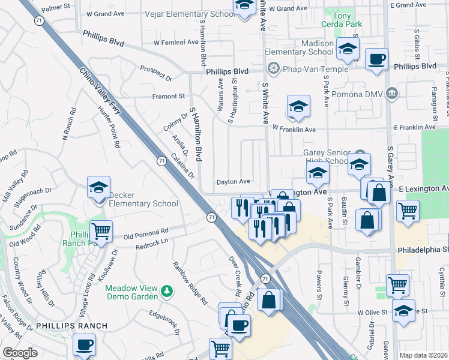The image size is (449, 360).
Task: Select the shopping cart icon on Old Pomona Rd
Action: (101, 230)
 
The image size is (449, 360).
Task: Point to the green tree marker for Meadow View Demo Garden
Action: (167, 292)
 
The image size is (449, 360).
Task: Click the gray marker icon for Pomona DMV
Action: (392, 93)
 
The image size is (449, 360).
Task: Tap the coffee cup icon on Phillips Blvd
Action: (376, 59)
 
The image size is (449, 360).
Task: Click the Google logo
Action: (20, 353)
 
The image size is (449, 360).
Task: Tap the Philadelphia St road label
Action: (422, 248)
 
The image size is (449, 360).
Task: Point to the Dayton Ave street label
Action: (234, 181)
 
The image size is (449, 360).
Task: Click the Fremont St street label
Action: (169, 96)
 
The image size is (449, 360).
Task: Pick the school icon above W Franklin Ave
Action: (298, 107)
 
